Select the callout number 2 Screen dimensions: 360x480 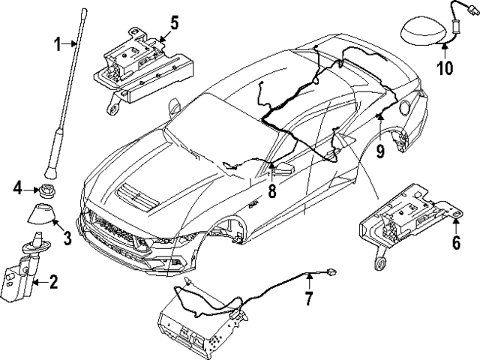click(53, 283)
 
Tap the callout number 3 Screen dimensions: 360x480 click(67, 239)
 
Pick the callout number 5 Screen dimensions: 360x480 click(173, 22)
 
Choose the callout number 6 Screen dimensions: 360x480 click(455, 243)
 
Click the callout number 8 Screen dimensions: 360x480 click(272, 192)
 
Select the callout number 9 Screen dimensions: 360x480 click(380, 153)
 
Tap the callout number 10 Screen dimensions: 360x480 click(445, 69)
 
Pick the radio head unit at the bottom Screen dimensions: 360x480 click(199, 323)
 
